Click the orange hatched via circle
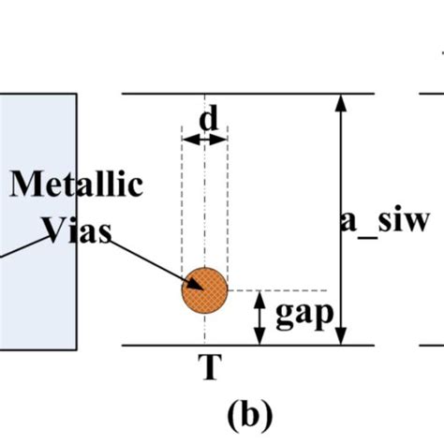point(204,289)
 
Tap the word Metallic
point(78,184)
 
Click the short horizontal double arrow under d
point(204,140)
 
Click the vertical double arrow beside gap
point(259,318)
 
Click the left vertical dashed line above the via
point(184,206)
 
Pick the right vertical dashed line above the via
point(227,206)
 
